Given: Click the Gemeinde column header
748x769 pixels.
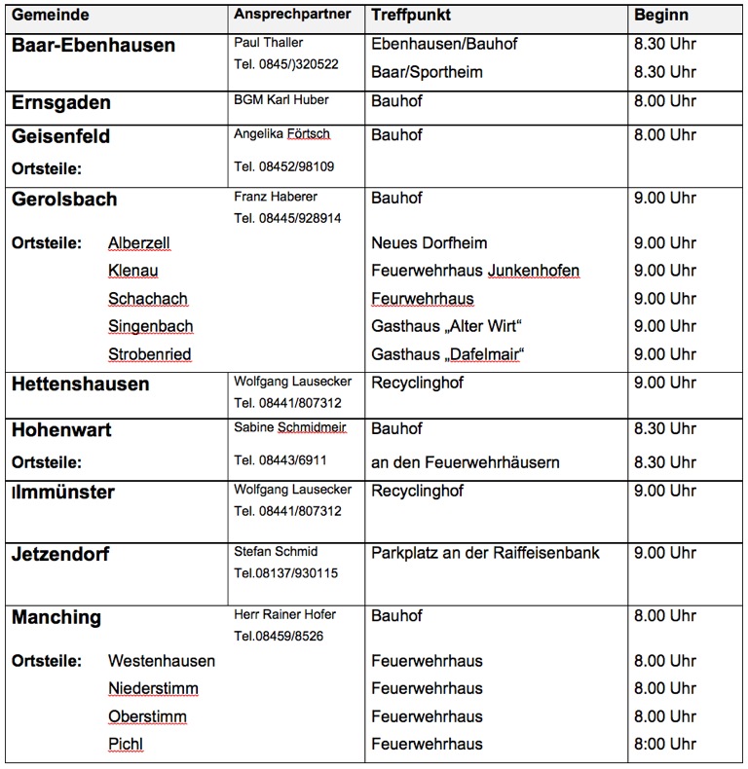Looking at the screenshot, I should coord(51,16).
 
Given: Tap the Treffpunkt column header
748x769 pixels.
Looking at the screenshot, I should coord(411,16).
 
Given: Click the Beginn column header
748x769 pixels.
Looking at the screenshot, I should coord(661,16).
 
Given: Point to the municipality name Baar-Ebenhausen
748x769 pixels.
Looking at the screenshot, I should coord(93,46).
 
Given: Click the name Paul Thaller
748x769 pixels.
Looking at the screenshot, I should coord(268,43).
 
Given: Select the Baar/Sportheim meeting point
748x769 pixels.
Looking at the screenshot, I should coord(427,72).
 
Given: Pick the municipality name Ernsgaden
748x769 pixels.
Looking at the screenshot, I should coord(61,102).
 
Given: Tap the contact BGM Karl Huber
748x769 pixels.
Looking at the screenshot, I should coord(281,99).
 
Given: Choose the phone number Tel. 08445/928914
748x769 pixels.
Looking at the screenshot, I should coord(287,218).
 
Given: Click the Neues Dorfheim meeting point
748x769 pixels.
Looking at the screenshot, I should coord(430,242).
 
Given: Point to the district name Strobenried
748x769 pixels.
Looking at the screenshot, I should coord(149,353).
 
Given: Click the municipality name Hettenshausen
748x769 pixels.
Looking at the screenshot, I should coord(81,384).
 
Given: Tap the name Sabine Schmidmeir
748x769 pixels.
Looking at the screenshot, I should coord(289,427).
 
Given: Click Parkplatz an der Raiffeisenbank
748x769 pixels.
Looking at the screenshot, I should coord(485,553).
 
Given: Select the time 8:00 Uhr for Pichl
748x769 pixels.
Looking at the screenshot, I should coord(665,745).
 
